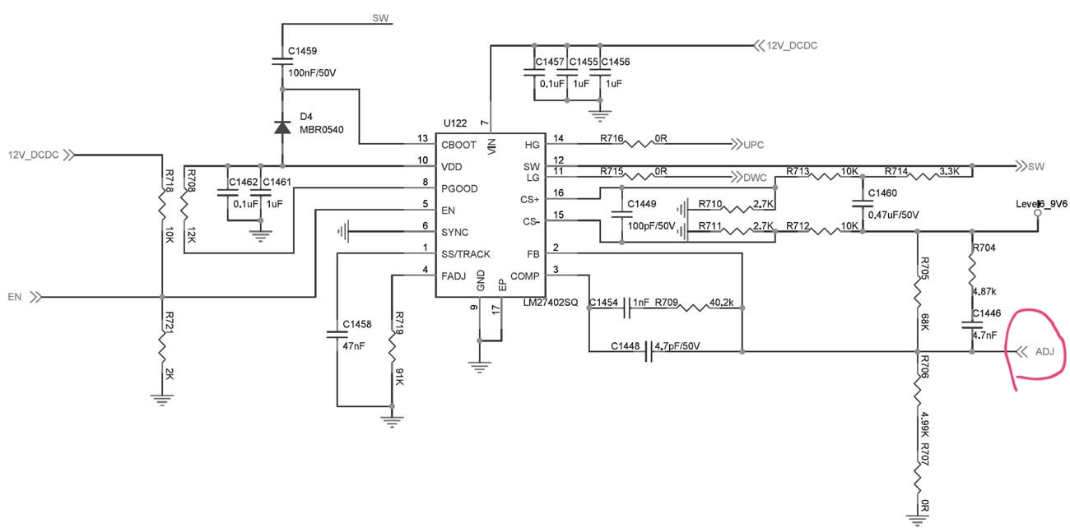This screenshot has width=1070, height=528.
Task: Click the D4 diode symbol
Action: (282, 127)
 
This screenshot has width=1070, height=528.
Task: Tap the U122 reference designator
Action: (454, 123)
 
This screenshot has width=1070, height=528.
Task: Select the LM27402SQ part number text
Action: (551, 302)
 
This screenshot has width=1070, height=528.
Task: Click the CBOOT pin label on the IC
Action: (458, 145)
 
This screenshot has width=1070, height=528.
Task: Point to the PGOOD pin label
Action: (459, 188)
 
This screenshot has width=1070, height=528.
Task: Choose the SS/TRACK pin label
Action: (466, 254)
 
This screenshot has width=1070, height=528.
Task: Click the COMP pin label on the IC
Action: (524, 276)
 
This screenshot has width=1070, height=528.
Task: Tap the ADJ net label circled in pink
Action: (1044, 352)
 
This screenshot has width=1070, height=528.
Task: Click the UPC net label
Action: (753, 145)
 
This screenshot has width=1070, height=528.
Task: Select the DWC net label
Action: (755, 178)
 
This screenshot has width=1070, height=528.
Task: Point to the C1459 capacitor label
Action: (302, 51)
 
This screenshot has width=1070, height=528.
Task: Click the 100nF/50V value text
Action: (312, 72)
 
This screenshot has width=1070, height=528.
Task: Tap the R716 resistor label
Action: (612, 138)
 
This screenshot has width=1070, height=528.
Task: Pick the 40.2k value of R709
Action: (721, 302)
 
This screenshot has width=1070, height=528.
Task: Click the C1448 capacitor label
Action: (625, 346)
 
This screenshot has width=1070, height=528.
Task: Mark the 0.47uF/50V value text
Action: (893, 215)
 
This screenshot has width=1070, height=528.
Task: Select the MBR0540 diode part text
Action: (322, 129)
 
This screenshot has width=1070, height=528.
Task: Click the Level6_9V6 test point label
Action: (1041, 204)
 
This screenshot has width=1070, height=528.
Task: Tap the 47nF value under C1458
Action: (353, 346)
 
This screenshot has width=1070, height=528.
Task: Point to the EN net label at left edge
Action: (15, 297)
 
